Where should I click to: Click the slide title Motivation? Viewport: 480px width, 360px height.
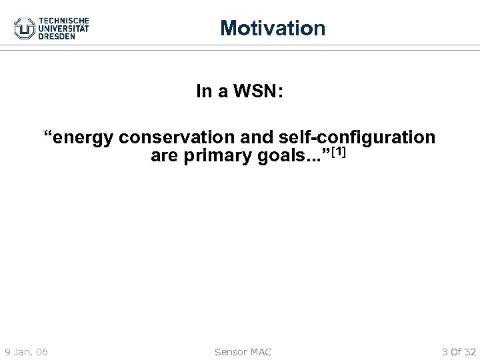273,28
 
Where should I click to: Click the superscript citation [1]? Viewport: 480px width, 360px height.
337,153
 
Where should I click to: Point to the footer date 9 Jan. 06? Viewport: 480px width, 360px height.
29,351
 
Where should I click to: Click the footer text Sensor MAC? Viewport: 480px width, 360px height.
241,351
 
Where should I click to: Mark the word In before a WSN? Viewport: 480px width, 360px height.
204,91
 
